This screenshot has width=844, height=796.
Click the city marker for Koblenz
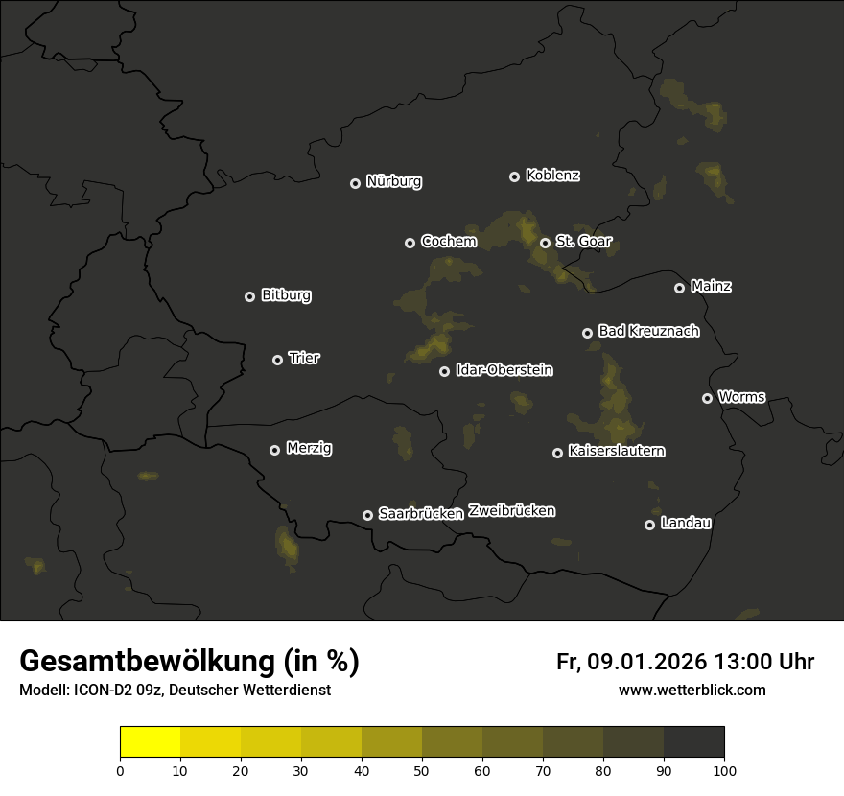click(514, 176)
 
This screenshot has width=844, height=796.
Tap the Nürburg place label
click(394, 182)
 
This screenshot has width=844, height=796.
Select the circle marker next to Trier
click(277, 360)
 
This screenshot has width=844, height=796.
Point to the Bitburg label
click(286, 295)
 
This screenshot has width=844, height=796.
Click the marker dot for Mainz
click(679, 288)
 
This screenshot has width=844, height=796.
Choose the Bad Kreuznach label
click(648, 331)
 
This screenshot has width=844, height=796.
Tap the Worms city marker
click(707, 398)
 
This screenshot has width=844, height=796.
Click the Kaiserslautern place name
click(617, 451)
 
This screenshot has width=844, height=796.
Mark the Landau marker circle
click(649, 525)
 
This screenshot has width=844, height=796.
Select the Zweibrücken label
click(511, 511)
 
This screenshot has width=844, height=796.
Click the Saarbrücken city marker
click(367, 515)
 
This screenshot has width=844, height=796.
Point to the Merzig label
click(309, 448)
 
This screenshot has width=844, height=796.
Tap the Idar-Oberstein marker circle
click(444, 371)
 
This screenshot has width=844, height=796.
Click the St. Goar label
click(583, 242)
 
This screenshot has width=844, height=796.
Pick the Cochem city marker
click(410, 243)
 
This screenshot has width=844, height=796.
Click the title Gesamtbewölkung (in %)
click(189, 662)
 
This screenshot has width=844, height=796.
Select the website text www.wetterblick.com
click(692, 690)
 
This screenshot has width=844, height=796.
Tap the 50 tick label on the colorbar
click(422, 770)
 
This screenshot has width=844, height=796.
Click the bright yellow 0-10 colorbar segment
click(151, 742)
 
